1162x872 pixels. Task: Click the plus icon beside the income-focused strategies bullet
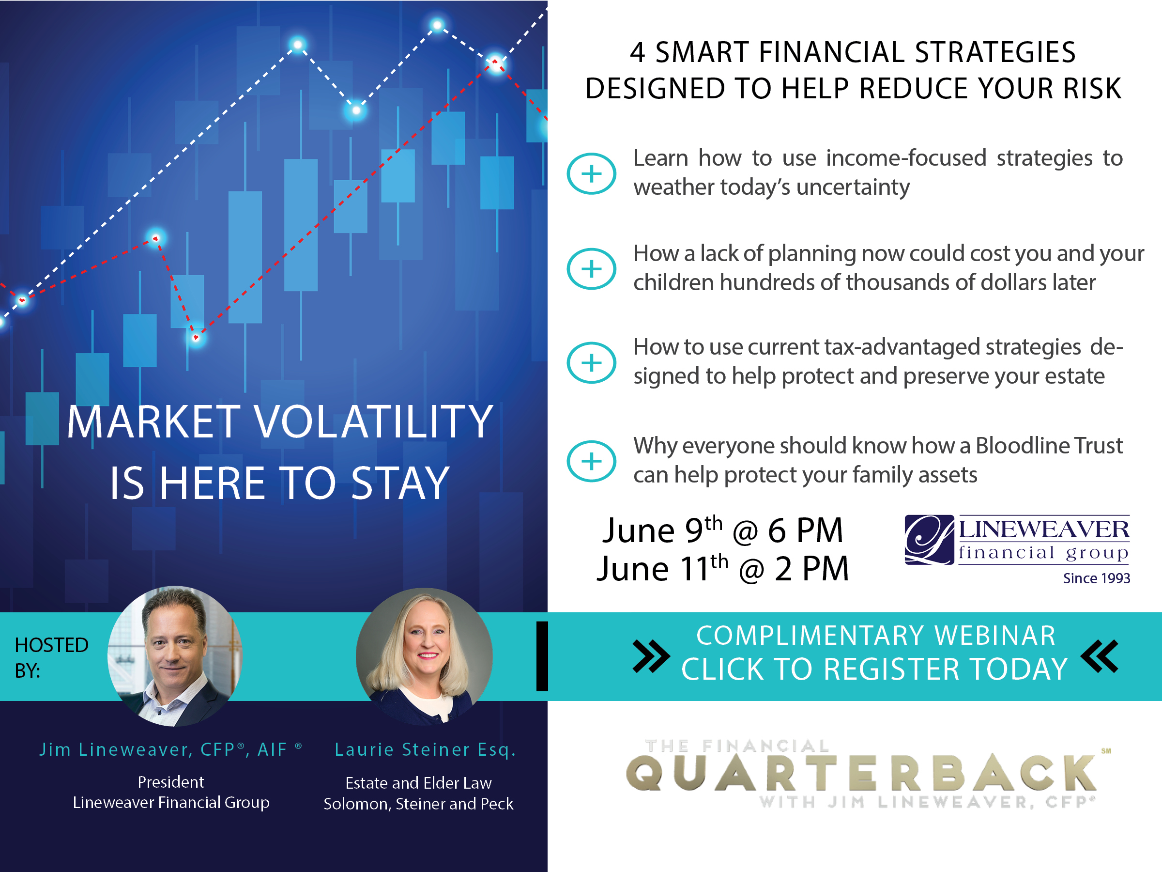592,173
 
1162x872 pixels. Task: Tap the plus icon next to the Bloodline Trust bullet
592,461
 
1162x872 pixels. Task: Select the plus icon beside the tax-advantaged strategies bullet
592,363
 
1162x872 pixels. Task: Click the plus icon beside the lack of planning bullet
592,268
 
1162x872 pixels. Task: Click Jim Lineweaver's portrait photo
175,656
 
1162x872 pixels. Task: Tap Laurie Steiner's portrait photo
424,656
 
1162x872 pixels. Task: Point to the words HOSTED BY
51,657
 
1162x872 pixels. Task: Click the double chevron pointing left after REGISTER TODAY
1100,656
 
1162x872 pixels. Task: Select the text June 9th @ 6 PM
722,530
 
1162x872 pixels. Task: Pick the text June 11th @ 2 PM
722,568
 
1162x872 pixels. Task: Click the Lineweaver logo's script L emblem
929,540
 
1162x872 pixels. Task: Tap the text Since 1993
1096,578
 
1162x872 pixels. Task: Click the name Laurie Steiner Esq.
425,749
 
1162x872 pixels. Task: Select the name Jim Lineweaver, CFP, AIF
171,749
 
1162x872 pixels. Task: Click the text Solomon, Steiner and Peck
418,804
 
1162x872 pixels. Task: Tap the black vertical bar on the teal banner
542,656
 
